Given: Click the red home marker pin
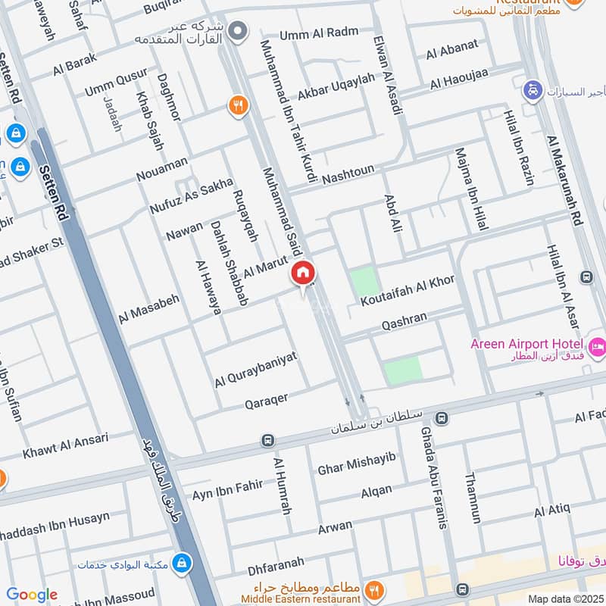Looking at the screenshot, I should (x=303, y=273).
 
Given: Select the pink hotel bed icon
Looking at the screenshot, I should (x=597, y=347).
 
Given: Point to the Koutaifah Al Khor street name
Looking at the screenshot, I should (x=408, y=290).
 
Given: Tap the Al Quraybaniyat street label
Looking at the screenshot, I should (x=255, y=369).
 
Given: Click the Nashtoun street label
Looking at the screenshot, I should (x=348, y=175).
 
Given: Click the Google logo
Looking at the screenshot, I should (x=31, y=595).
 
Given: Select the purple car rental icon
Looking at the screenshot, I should (x=533, y=91).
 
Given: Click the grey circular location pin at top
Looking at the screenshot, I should (x=239, y=32).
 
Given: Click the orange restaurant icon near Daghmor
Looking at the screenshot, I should (x=239, y=107).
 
